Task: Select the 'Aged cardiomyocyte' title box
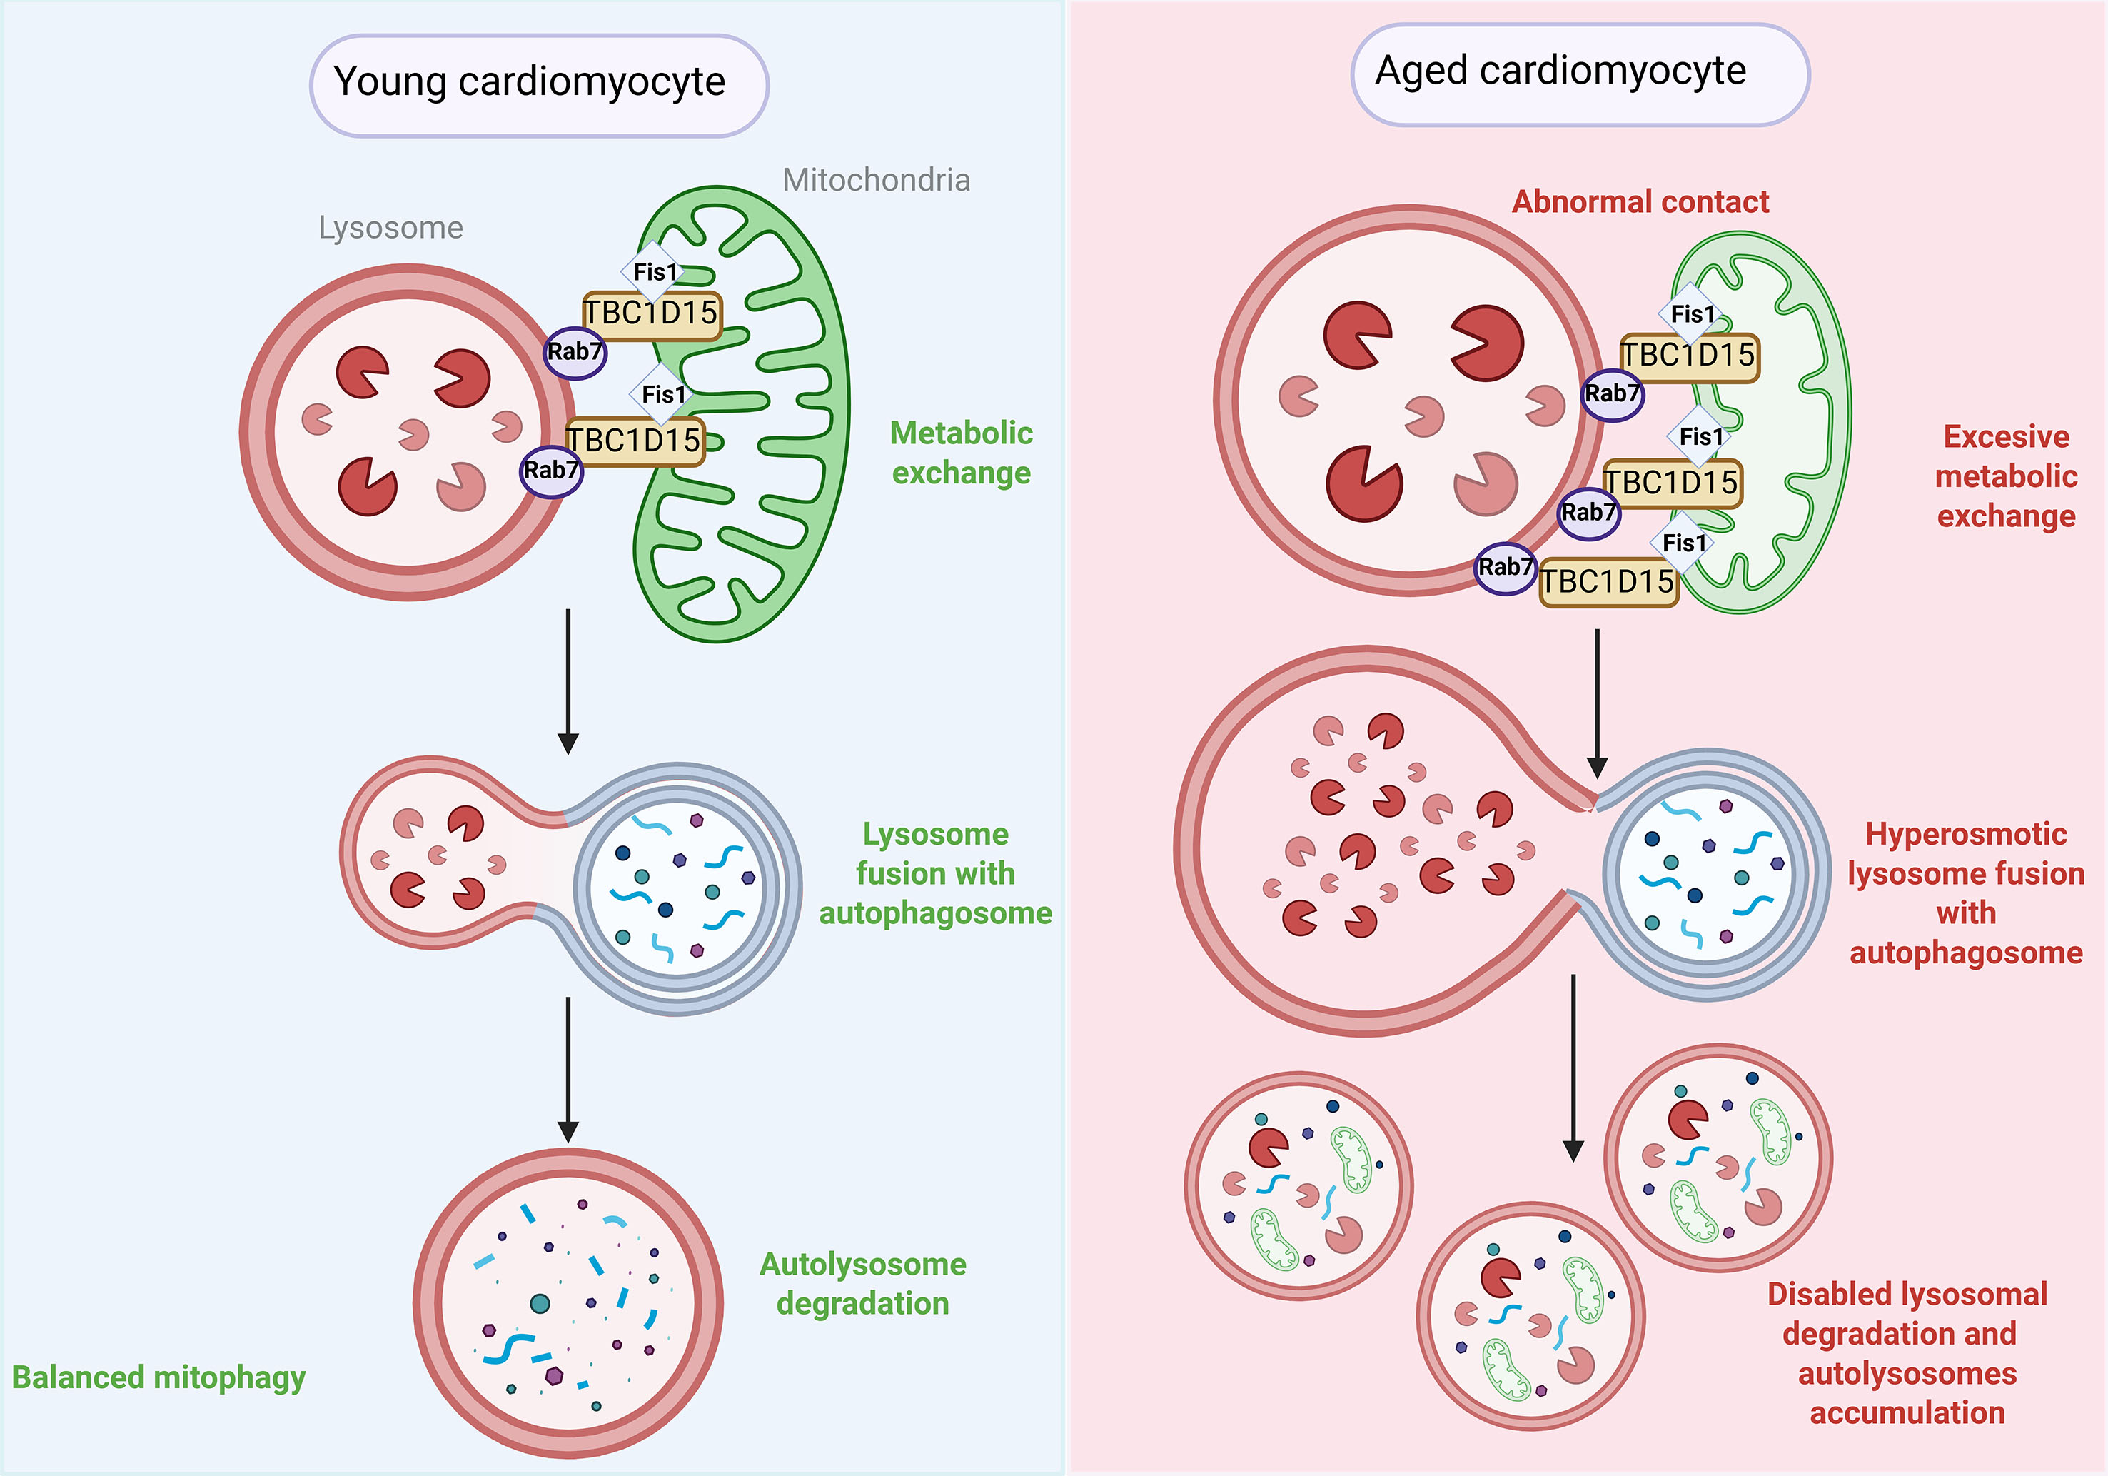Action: (x=1579, y=74)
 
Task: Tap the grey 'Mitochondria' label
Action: (x=876, y=180)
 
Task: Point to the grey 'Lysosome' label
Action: (x=390, y=228)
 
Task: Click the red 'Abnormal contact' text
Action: (x=1640, y=201)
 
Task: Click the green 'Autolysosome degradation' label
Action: (x=862, y=1283)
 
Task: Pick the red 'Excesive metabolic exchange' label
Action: (x=2005, y=476)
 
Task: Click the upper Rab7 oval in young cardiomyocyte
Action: (x=575, y=353)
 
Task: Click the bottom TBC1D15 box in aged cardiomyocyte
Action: (x=1608, y=582)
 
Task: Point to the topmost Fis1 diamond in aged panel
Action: (x=1691, y=314)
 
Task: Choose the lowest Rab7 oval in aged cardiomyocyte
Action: (x=1505, y=568)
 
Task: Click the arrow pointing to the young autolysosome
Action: (x=568, y=1069)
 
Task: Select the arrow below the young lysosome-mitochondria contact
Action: (x=568, y=681)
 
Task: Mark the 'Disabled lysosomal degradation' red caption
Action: (x=1906, y=1353)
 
